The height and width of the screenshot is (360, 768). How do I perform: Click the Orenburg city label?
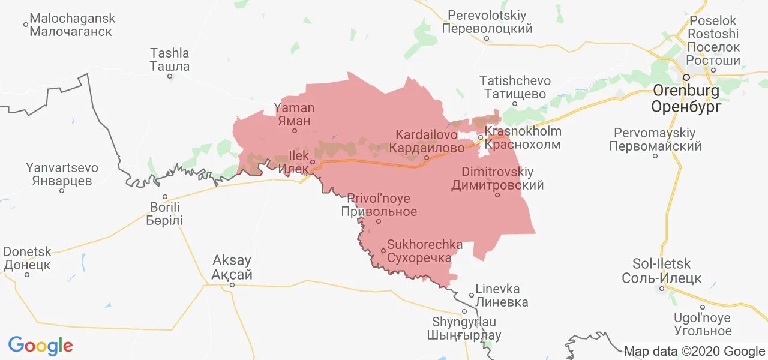686,99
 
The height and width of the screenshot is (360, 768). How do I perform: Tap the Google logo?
40,346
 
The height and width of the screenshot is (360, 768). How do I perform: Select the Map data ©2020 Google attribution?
694,352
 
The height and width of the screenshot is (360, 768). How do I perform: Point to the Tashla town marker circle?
170,76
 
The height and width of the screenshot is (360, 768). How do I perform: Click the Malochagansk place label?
72,25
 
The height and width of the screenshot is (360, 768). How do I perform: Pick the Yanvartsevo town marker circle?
62,191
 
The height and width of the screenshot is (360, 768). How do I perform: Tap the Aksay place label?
232,268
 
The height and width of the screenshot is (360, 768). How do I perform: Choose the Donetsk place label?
27,258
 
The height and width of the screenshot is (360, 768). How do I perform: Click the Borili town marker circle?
165,197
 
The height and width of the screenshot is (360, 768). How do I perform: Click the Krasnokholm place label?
523,138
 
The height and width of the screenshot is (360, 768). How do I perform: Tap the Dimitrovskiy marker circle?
497,194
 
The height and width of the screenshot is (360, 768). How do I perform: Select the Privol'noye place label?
379,205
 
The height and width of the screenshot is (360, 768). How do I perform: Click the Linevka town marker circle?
472,295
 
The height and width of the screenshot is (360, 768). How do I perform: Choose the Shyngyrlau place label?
464,329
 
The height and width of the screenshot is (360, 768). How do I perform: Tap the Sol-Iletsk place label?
661,271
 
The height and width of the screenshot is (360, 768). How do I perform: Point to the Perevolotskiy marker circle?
487,38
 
